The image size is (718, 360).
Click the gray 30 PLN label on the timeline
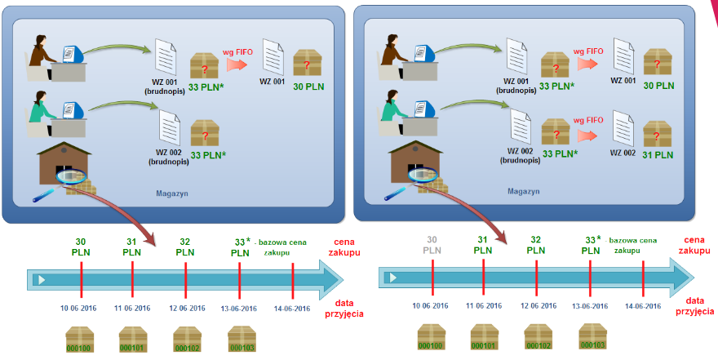pos(432,247)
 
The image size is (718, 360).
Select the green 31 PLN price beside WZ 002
pos(658,155)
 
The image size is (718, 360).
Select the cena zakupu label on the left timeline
pos(343,247)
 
